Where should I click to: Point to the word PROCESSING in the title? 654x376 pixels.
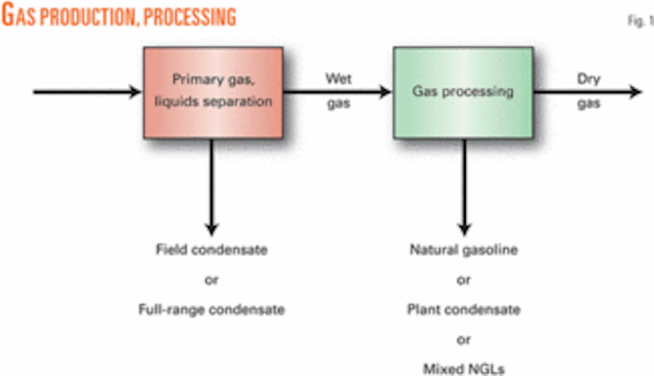coord(185,16)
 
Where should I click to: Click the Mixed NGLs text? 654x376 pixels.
coord(463,368)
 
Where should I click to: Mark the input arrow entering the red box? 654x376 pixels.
coord(91,92)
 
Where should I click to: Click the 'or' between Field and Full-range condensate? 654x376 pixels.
coord(214,280)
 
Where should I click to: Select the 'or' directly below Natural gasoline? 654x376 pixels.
coord(463,280)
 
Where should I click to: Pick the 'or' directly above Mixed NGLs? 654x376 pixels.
coord(463,340)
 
